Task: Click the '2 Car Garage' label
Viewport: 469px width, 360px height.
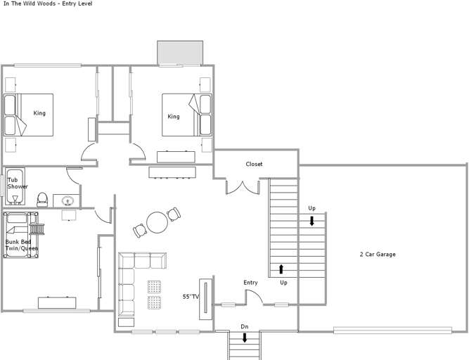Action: (x=378, y=255)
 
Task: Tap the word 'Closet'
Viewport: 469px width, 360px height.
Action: (x=254, y=164)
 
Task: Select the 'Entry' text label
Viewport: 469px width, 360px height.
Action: (x=250, y=283)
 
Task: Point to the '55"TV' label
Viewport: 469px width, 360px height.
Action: (x=191, y=297)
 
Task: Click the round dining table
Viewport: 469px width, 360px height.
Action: (x=157, y=222)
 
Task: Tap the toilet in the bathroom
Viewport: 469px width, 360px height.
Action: (x=42, y=200)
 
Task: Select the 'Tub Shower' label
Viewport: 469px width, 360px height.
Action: (x=18, y=183)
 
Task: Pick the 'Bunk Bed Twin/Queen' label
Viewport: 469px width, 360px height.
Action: (x=22, y=245)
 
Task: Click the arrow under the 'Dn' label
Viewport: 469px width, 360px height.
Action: (x=245, y=337)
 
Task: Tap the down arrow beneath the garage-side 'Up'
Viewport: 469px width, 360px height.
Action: (x=311, y=221)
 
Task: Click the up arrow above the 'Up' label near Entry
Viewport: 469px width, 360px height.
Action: (x=281, y=269)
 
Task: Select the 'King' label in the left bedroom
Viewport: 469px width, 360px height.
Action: (x=39, y=113)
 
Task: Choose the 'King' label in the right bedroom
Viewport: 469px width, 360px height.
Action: (x=174, y=116)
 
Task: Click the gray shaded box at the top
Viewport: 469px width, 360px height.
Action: (x=180, y=53)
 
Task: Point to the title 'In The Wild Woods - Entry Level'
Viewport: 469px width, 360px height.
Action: (x=48, y=4)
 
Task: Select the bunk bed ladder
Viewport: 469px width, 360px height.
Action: (x=37, y=229)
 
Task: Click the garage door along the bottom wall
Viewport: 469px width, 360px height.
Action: (x=392, y=330)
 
